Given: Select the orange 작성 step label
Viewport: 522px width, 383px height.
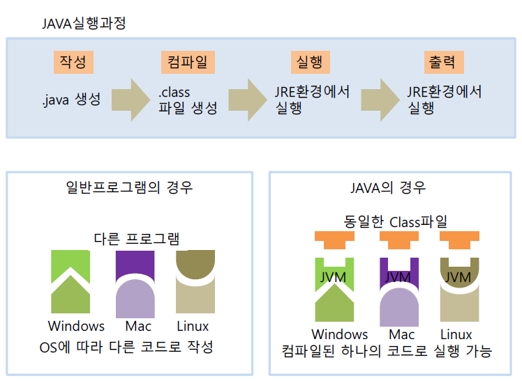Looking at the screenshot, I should (73, 63).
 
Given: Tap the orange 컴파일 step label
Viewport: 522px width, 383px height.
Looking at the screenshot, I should (187, 63).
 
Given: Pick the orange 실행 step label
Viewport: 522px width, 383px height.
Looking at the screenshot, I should (309, 63).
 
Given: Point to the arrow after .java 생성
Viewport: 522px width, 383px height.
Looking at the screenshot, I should (130, 100).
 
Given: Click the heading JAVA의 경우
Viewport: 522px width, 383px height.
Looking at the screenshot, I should (387, 187).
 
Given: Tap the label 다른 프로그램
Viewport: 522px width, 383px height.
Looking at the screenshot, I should (137, 239).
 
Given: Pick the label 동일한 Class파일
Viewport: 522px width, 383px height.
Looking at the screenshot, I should (396, 221).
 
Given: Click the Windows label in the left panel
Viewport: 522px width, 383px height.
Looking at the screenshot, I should (76, 326).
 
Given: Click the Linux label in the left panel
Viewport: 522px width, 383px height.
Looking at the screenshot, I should (193, 326).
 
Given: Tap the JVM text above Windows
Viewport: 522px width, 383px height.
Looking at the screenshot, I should (332, 277).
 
